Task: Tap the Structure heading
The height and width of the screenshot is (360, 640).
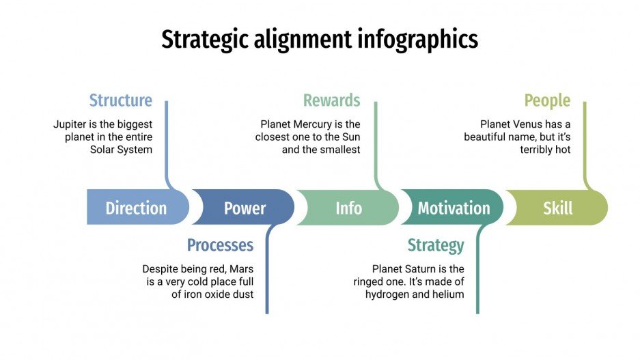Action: [x=120, y=100]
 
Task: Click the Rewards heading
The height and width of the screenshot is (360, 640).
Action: [x=331, y=100]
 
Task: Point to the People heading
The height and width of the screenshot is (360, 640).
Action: [x=546, y=100]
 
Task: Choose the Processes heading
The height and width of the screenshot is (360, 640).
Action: [x=220, y=245]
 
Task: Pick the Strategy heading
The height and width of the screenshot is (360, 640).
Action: [x=435, y=245]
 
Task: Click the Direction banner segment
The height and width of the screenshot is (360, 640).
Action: [x=136, y=208]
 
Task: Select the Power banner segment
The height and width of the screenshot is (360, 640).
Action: [x=245, y=208]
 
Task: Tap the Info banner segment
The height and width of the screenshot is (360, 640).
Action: [x=348, y=208]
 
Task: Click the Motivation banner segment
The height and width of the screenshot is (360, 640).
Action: [x=454, y=208]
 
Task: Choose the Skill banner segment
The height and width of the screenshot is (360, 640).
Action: [x=557, y=208]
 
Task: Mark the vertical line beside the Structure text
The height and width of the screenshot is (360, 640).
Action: [x=166, y=140]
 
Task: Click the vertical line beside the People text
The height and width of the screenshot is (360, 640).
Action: [x=585, y=140]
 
